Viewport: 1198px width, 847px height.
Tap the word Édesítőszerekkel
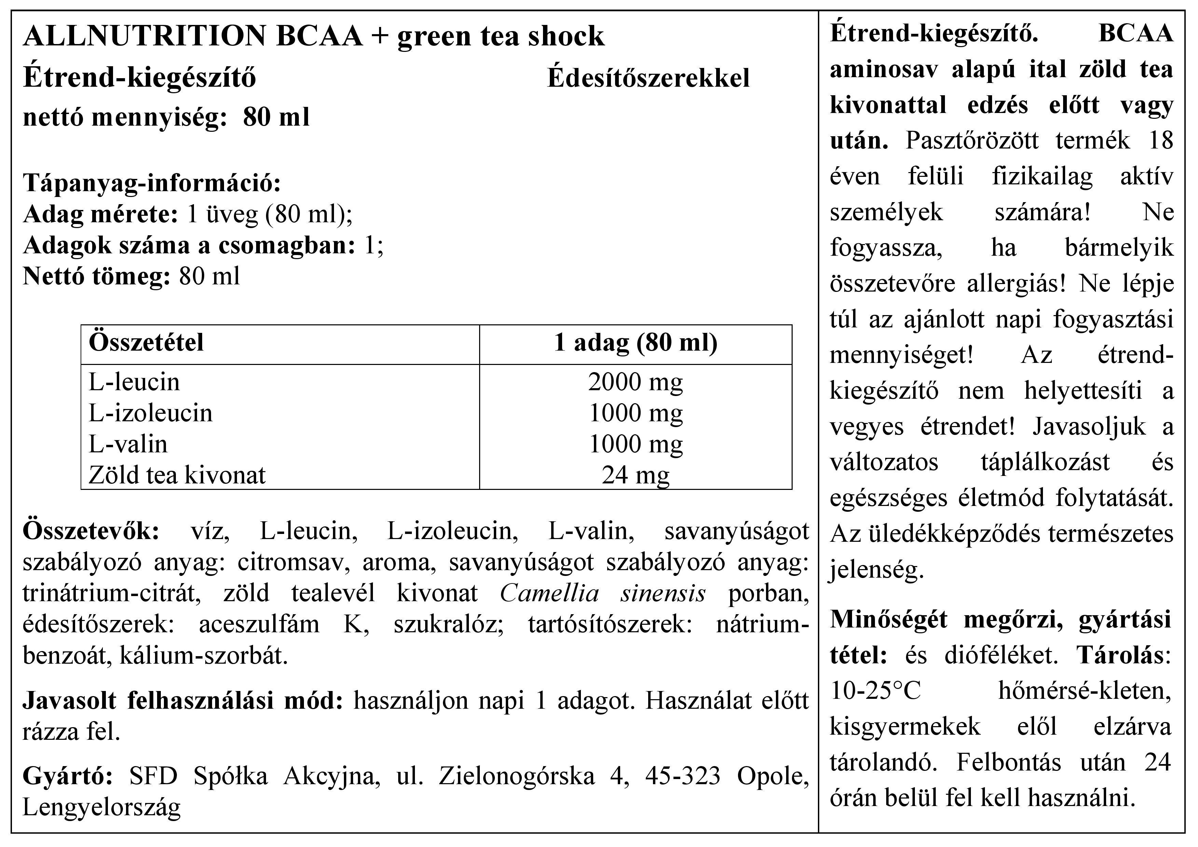click(648, 78)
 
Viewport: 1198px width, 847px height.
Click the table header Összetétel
click(146, 343)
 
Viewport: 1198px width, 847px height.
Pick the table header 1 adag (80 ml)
click(636, 343)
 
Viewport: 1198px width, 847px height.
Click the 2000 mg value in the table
click(636, 382)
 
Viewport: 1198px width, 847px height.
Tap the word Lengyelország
click(102, 807)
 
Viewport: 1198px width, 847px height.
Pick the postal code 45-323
click(682, 776)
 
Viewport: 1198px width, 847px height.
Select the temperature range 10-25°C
click(876, 691)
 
